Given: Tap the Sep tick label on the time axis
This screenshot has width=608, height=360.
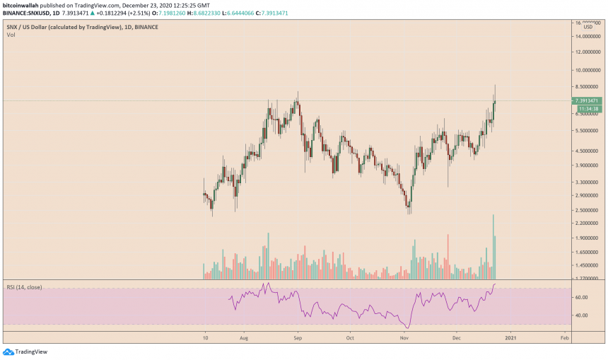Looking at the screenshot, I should pos(298,338).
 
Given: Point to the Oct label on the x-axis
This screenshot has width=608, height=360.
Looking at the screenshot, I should pos(349,338).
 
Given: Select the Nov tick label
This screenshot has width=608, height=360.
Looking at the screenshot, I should pos(404,338).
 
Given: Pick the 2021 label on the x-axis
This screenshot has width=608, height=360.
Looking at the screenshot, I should pos(510,338).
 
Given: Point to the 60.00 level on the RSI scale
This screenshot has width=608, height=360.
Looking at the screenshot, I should pos(581,298).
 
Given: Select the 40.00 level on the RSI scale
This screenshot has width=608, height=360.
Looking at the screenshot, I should pos(581,315).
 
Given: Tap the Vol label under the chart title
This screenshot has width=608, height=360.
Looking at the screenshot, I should pos(11,34).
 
